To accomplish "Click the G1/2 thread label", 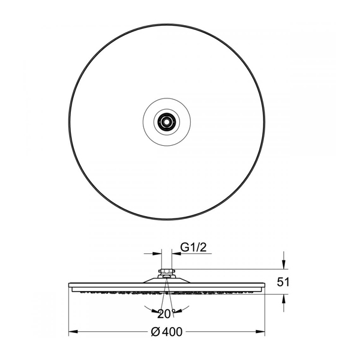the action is click(194, 247).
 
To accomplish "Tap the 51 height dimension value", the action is click(283, 282).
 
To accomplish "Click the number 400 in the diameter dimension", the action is click(172, 332).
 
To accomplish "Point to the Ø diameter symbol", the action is click(155, 332).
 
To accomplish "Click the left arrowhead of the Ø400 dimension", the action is click(73, 332).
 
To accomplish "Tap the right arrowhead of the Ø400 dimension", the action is click(260, 332).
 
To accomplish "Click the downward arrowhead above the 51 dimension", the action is click(284, 264).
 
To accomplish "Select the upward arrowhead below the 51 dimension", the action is click(284, 299).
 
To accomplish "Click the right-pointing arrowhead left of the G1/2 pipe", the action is click(157, 253).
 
